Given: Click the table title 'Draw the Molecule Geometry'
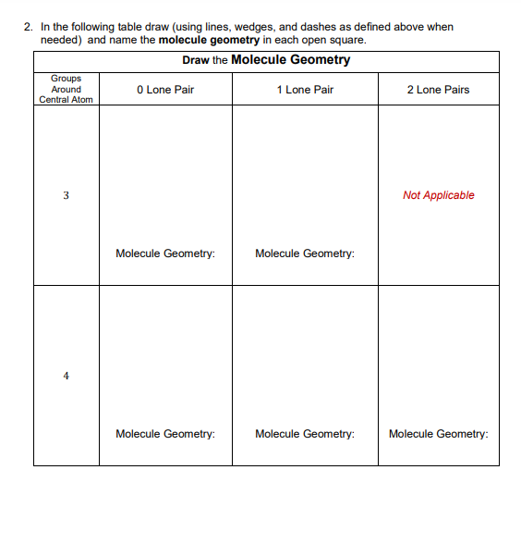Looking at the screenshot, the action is (x=266, y=60).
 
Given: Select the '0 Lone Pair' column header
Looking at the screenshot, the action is (x=164, y=90).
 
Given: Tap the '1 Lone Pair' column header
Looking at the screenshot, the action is (x=305, y=90).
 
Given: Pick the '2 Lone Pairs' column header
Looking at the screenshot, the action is (x=438, y=90).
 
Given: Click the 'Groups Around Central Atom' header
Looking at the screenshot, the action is (x=66, y=89).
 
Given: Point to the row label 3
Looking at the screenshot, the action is (x=66, y=195).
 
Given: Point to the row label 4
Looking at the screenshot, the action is (x=66, y=376).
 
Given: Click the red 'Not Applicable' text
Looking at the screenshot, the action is (x=438, y=195).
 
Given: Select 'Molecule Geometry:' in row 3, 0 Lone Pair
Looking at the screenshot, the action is (x=165, y=253).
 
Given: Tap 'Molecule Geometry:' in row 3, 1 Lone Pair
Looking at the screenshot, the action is (x=305, y=253).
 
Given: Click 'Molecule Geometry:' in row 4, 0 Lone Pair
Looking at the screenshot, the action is (x=165, y=433).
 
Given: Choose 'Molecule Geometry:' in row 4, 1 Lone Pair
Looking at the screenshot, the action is (x=305, y=433).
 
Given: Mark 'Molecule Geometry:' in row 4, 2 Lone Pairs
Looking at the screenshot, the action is (x=439, y=433).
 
